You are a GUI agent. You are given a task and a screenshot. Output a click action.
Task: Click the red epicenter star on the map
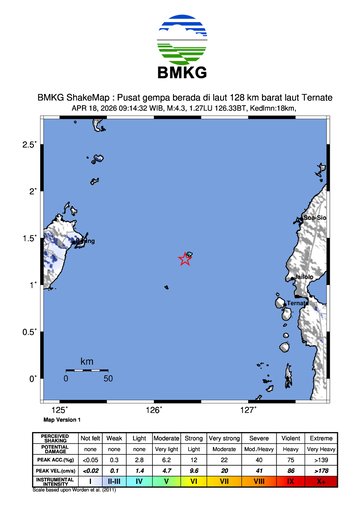[185, 259]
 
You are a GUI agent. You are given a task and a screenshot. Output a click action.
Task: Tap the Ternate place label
[297, 302]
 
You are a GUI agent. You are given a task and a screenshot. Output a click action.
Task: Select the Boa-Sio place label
[315, 217]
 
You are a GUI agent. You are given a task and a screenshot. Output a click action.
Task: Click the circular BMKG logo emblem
[180, 38]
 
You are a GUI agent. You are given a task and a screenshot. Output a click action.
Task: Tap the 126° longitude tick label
[154, 411]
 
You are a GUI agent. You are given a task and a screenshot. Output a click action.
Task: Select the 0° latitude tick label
[33, 378]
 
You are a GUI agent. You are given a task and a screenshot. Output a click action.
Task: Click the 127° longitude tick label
[247, 411]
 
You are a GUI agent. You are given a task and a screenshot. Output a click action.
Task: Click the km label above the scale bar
[87, 360]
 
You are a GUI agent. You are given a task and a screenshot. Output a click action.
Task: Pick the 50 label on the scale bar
[107, 379]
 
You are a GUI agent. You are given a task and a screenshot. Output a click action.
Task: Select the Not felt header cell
[90, 436]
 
